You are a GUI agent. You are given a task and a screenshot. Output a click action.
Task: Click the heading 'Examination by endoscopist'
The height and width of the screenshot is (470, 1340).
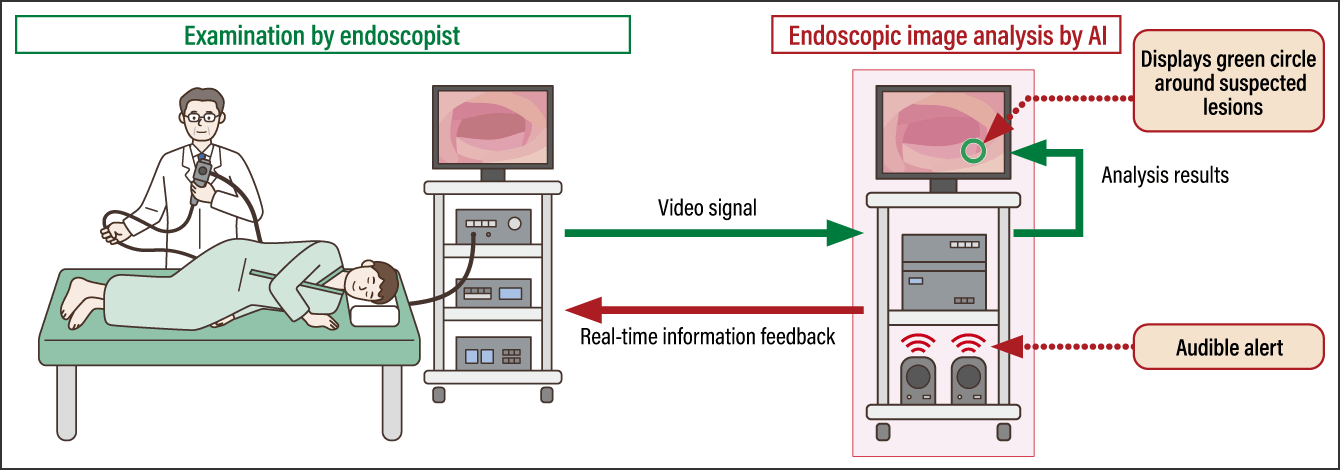322,36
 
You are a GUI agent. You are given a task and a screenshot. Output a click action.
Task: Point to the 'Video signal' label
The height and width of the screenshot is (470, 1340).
707,208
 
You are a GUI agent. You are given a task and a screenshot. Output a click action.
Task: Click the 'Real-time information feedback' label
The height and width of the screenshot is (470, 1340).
707,336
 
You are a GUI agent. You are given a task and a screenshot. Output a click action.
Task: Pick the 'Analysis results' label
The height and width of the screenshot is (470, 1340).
1164,175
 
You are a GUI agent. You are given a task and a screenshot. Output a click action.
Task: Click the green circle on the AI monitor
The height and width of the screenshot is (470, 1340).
973,151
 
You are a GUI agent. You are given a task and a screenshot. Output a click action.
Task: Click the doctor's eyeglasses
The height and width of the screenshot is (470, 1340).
203,117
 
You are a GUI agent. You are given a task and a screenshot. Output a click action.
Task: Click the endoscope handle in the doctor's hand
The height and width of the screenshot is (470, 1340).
203,176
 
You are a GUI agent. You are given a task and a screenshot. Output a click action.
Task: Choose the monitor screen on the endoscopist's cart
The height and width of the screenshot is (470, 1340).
492,125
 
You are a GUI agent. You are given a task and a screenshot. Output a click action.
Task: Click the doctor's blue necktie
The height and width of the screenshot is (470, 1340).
203,156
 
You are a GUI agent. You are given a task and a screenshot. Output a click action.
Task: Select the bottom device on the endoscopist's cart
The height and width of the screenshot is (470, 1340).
492,354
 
